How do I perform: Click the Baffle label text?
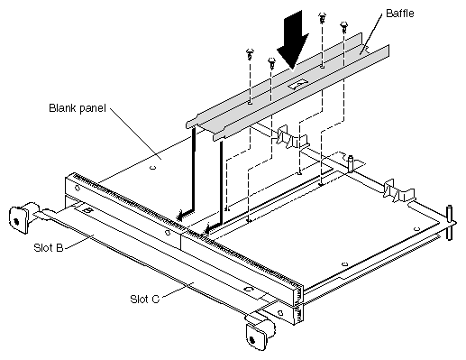coord(399,14)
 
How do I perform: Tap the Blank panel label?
coord(78,108)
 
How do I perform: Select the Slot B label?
coord(49,248)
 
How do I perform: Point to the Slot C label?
coord(144,299)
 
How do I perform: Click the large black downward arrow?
coord(293,39)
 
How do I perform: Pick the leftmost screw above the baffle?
coord(250,54)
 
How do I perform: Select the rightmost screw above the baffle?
coord(343,27)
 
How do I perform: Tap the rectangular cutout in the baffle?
coord(297,84)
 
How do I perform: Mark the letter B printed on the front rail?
coord(87,210)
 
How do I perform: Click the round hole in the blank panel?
coord(153,168)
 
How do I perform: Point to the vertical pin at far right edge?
coord(449,223)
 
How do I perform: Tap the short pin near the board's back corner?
coord(351,163)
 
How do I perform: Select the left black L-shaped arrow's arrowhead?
coord(182,216)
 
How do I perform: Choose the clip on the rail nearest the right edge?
coord(398,190)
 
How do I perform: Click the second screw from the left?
coord(271,62)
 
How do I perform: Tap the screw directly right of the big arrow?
coord(323,18)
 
